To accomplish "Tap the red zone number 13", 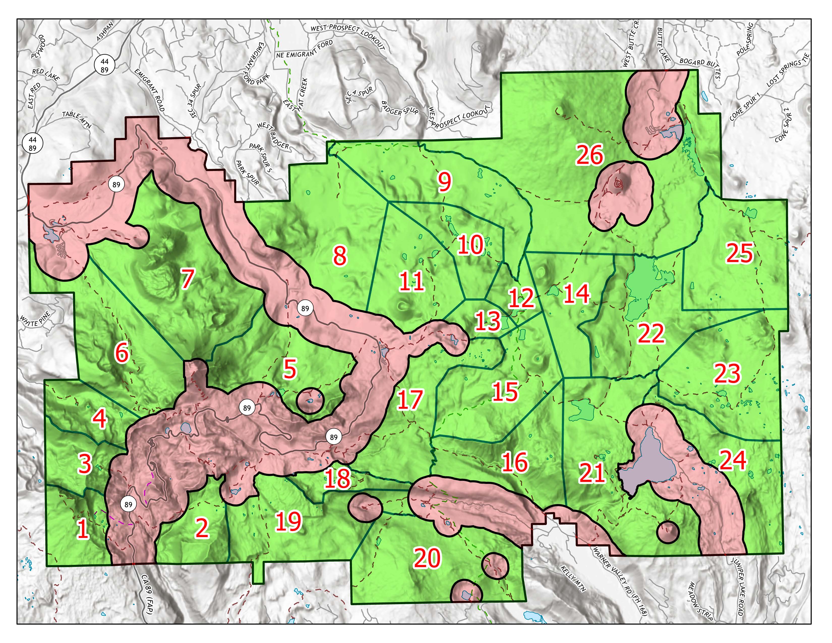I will [487, 321].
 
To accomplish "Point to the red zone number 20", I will [427, 559].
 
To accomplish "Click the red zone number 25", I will [739, 253].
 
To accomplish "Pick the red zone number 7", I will [187, 279].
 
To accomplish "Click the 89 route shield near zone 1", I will [128, 504].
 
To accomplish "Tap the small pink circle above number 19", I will [365, 506].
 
